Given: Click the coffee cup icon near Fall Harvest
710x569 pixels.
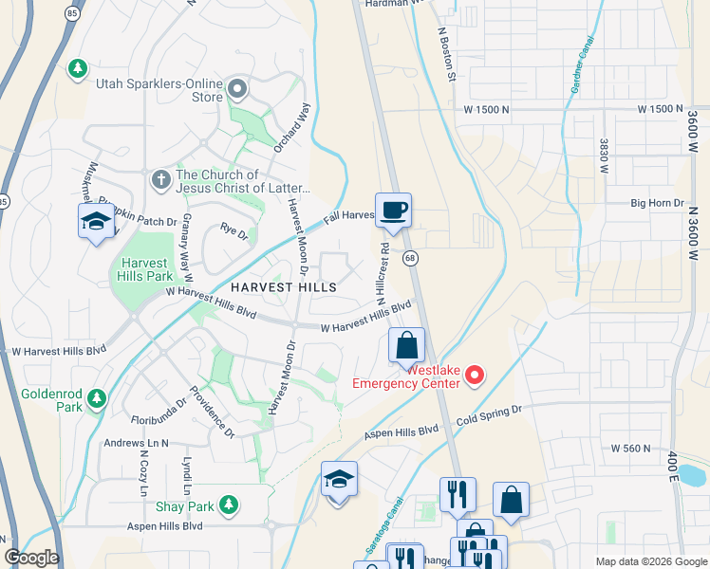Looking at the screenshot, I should click(x=393, y=209).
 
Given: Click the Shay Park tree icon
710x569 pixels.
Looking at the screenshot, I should click(x=227, y=504).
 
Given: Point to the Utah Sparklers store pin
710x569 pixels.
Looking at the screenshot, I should click(x=236, y=91).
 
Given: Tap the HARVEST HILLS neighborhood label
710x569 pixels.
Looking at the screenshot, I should click(x=283, y=286).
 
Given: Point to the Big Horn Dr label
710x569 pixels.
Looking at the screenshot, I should click(x=658, y=203).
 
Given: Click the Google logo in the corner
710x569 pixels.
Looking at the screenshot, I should click(x=31, y=558).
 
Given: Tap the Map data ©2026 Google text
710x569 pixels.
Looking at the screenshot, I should click(x=650, y=561).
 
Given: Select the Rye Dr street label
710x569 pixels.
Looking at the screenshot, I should click(x=234, y=229).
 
